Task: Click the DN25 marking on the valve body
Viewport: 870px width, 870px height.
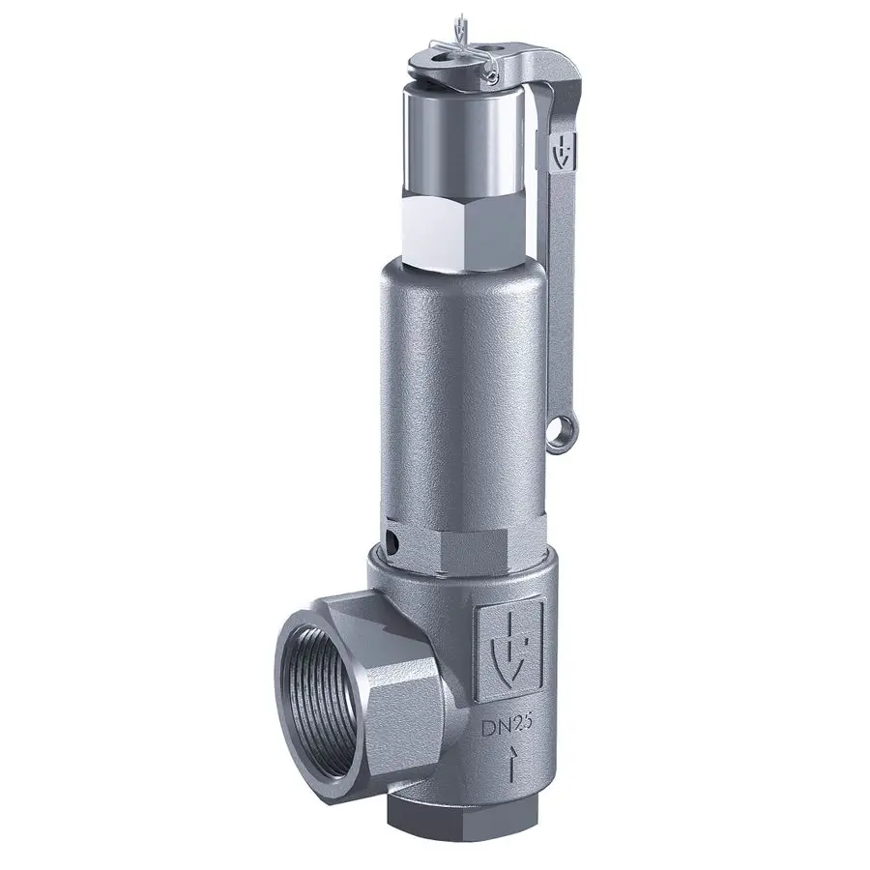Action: (507, 726)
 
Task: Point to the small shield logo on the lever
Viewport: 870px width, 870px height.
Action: (565, 152)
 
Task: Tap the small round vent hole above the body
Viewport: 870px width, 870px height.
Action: (392, 539)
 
